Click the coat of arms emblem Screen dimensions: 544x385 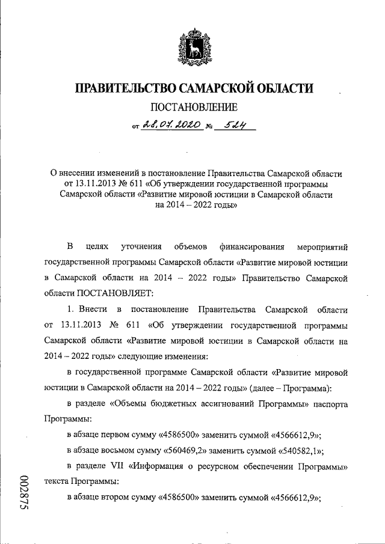[192, 46]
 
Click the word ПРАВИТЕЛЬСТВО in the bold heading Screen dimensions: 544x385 [123, 89]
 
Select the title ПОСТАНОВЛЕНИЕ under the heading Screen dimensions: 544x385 [192, 108]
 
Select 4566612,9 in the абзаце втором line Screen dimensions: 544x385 [295, 498]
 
